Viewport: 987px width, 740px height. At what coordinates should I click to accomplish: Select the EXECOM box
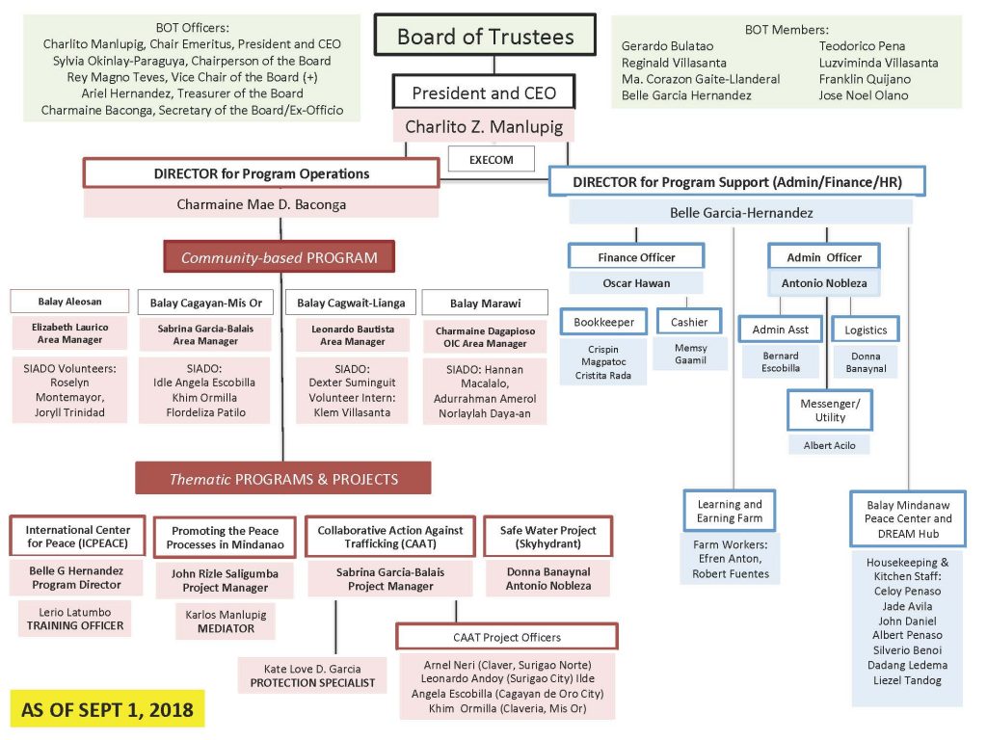491,158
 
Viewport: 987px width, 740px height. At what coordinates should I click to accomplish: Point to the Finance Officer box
636,256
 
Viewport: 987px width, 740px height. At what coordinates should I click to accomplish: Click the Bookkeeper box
603,322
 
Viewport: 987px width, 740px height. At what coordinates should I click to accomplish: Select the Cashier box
689,322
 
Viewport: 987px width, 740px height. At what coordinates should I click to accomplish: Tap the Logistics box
866,329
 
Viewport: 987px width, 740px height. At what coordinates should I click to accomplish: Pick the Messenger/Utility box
830,410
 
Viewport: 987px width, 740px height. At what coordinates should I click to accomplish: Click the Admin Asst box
781,329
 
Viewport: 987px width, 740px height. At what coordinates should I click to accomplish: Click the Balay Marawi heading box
485,303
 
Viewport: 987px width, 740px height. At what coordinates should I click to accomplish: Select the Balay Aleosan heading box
69,302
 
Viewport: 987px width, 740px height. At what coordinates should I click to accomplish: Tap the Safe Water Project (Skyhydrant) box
548,537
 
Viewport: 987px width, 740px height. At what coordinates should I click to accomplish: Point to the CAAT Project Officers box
507,637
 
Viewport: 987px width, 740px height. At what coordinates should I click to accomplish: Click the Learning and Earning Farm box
730,511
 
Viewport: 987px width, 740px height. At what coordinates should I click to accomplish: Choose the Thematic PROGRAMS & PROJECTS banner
283,479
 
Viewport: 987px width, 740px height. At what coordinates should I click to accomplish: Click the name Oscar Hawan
636,283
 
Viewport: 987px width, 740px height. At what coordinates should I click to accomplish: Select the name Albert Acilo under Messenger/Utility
830,445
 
